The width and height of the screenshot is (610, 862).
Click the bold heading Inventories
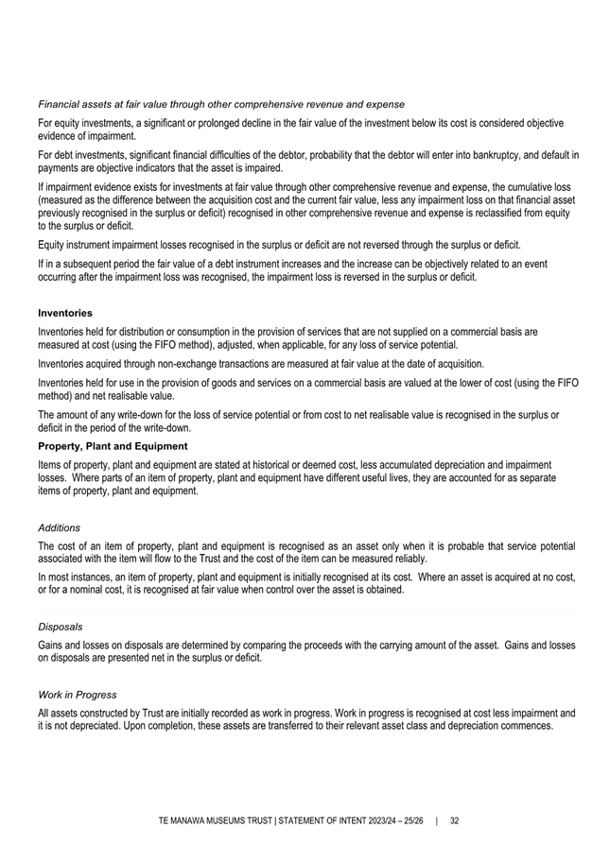coord(64,312)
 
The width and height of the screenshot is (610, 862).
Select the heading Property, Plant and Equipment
coord(113,446)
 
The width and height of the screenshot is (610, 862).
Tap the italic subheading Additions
coord(59,527)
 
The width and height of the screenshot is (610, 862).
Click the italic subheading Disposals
coord(60,626)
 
